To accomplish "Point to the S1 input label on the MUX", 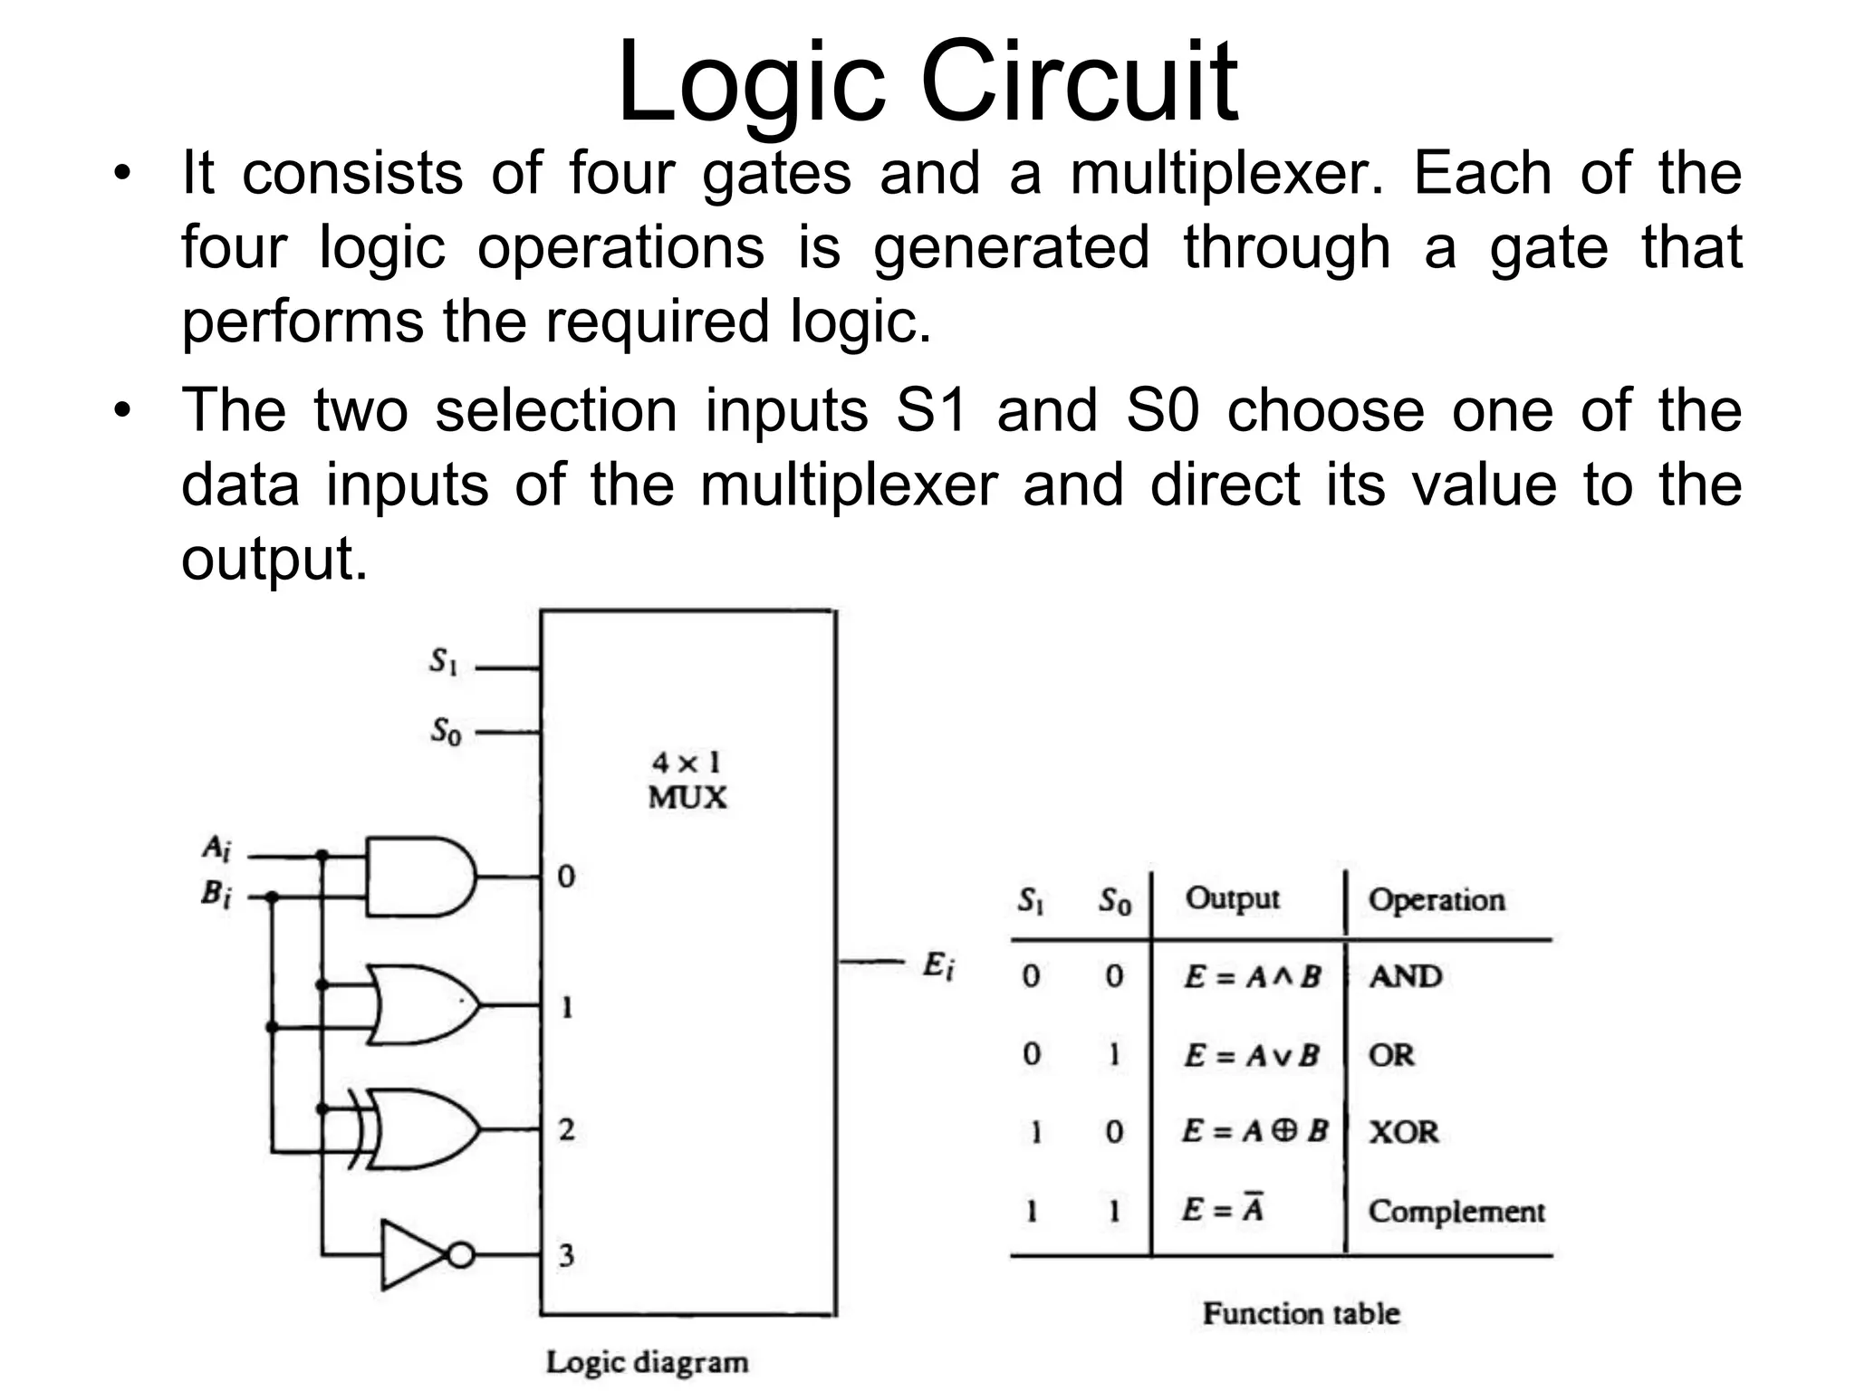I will click(443, 662).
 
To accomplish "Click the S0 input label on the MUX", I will click(445, 729).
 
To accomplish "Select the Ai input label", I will click(216, 849).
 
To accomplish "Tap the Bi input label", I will click(216, 895).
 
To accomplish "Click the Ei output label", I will click(937, 966).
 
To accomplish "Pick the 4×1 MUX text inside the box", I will click(687, 780).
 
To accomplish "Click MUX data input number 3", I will click(566, 1255).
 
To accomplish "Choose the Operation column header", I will click(1437, 899).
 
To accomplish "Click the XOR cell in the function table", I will click(1403, 1132).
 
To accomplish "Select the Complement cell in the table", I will click(1456, 1211).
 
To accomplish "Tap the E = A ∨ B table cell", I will click(1251, 1055).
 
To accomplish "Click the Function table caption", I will click(1301, 1313).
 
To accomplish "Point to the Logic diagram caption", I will click(647, 1362).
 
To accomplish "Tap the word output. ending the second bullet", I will click(274, 558).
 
